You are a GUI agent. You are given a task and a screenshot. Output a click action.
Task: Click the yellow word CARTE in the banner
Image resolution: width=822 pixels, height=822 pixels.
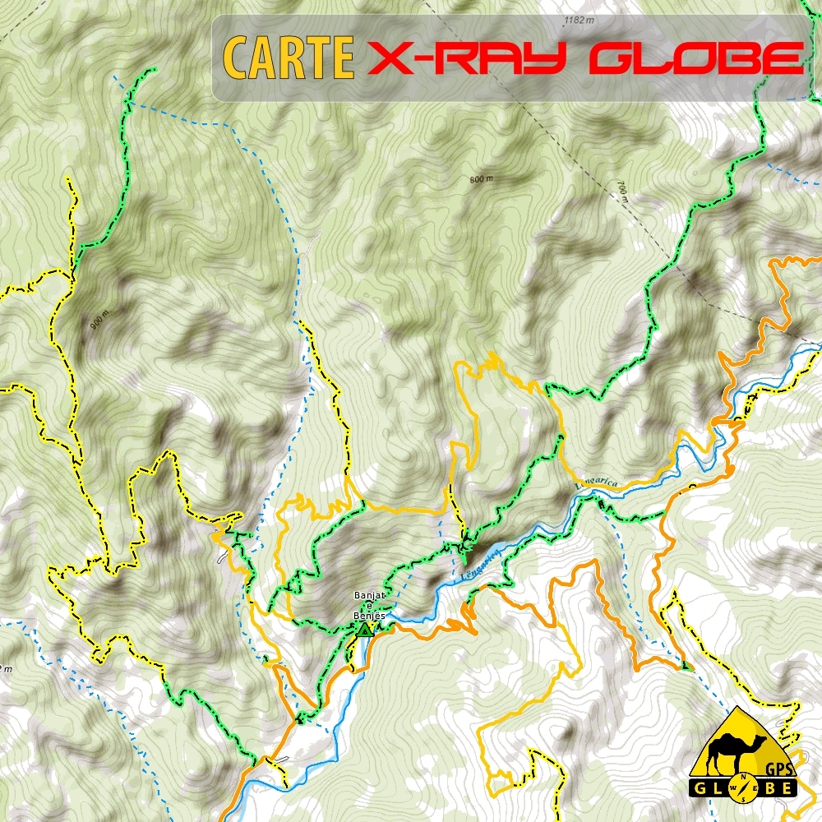pyautogui.click(x=288, y=58)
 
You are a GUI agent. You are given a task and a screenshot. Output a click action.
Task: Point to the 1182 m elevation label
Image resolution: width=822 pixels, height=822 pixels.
pyautogui.click(x=579, y=19)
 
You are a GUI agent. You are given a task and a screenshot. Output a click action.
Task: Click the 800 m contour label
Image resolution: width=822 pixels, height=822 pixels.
pyautogui.click(x=481, y=178)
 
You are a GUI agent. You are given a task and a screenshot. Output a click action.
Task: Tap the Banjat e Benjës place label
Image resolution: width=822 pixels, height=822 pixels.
pyautogui.click(x=369, y=604)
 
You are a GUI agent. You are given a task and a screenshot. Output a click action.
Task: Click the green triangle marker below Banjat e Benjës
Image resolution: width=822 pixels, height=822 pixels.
pyautogui.click(x=364, y=630)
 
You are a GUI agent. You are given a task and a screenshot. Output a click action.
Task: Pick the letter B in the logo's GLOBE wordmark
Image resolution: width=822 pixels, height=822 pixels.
pyautogui.click(x=767, y=787)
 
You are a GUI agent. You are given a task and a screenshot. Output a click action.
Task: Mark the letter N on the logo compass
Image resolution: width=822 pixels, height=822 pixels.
pyautogui.click(x=744, y=778)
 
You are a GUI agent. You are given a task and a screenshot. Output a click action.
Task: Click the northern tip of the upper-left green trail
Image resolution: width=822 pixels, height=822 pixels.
pyautogui.click(x=153, y=70)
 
